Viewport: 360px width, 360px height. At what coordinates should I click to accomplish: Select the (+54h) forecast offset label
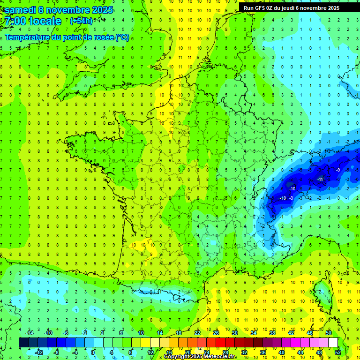point(81,21)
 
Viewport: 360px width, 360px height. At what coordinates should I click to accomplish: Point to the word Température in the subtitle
point(28,37)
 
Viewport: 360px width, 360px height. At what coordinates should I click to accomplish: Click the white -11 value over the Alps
point(320,179)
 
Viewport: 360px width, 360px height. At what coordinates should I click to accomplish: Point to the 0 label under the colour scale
point(93,352)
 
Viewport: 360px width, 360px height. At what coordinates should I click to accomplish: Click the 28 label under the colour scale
point(225,352)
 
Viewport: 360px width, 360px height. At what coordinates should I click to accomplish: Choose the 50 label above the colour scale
point(329,332)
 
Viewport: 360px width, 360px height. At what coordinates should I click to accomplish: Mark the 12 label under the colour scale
point(150,352)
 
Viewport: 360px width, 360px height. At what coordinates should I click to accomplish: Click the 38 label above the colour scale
point(272,332)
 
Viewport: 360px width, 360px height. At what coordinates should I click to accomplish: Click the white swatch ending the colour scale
point(333,343)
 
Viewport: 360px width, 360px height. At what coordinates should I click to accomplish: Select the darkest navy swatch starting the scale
point(24,343)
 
